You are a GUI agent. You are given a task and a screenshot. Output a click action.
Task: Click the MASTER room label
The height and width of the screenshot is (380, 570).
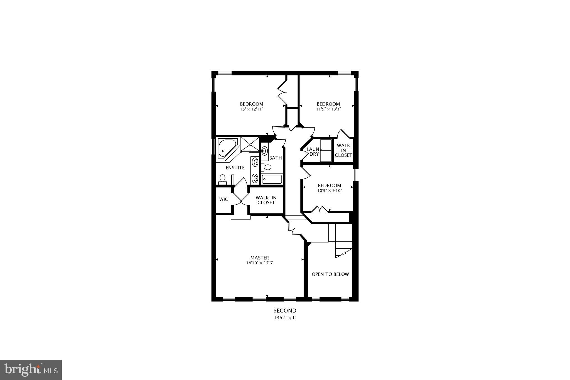(259, 258)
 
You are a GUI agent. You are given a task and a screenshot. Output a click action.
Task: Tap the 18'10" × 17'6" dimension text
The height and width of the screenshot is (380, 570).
(260, 263)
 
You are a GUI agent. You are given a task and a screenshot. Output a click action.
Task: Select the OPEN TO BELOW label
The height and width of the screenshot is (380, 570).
(330, 274)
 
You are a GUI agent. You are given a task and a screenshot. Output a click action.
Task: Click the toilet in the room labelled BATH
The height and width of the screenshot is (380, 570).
(266, 167)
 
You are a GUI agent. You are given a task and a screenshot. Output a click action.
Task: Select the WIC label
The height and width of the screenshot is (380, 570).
(223, 199)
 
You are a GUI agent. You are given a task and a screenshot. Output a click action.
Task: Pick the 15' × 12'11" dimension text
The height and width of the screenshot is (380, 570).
(252, 109)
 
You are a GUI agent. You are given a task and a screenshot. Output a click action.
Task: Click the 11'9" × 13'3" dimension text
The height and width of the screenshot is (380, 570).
(328, 109)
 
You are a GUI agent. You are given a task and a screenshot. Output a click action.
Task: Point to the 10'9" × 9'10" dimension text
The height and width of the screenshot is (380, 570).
(330, 191)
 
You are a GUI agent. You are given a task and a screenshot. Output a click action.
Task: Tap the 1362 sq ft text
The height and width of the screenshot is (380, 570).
(285, 318)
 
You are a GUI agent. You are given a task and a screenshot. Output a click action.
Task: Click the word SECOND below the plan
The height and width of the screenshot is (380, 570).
(285, 310)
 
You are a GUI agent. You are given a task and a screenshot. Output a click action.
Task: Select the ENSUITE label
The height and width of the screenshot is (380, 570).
(235, 168)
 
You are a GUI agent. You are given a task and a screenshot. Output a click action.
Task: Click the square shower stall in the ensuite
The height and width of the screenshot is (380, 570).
(250, 144)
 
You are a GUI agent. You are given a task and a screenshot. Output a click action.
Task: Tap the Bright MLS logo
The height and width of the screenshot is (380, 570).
(31, 370)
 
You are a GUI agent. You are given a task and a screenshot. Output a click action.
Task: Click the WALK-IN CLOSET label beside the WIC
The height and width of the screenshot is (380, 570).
(266, 200)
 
